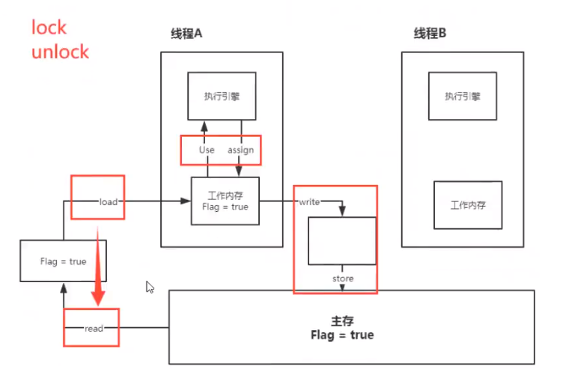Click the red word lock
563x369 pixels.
click(49, 28)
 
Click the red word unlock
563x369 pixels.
click(60, 52)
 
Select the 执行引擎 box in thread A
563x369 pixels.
click(222, 97)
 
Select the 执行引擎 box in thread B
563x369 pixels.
click(462, 96)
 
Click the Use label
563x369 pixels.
click(207, 150)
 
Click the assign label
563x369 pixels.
click(240, 150)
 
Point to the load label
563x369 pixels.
click(109, 201)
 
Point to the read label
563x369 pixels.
click(94, 328)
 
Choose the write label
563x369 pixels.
click(309, 202)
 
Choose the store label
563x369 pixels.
click(343, 278)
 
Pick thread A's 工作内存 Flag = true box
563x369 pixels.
click(225, 201)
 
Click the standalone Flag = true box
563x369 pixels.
click(63, 261)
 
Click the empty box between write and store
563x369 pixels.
click(341, 241)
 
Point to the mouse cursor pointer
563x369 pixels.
click(150, 287)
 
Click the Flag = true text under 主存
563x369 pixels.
click(341, 335)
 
